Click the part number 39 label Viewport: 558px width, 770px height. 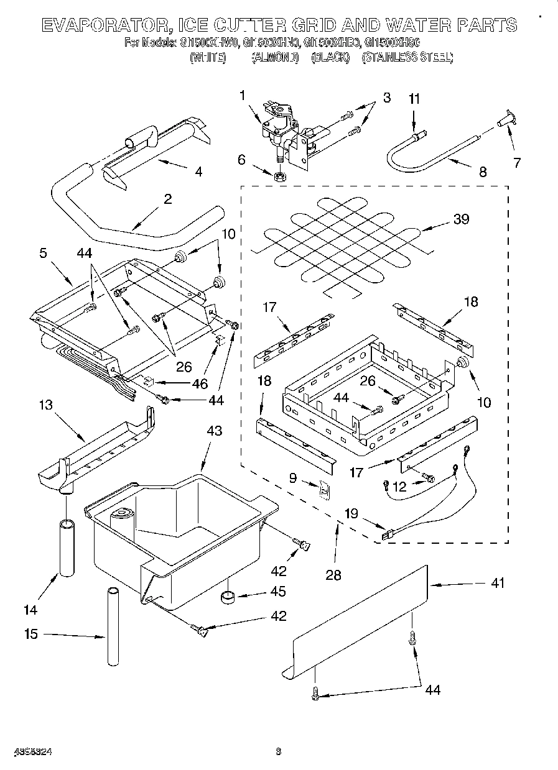[x=461, y=219]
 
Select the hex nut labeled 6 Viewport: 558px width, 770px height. [x=280, y=176]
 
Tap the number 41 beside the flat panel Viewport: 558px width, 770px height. [x=498, y=583]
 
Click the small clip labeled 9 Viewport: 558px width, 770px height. [x=323, y=490]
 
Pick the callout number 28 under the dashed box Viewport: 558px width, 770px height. [x=333, y=575]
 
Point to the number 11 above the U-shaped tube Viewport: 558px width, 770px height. [x=414, y=99]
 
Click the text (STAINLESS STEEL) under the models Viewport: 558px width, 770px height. [x=407, y=57]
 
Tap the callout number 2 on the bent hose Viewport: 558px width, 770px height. [x=167, y=199]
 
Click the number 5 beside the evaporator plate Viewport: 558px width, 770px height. [x=43, y=253]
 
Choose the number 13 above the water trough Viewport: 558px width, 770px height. [x=46, y=405]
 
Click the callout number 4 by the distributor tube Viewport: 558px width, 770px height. [x=198, y=171]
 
